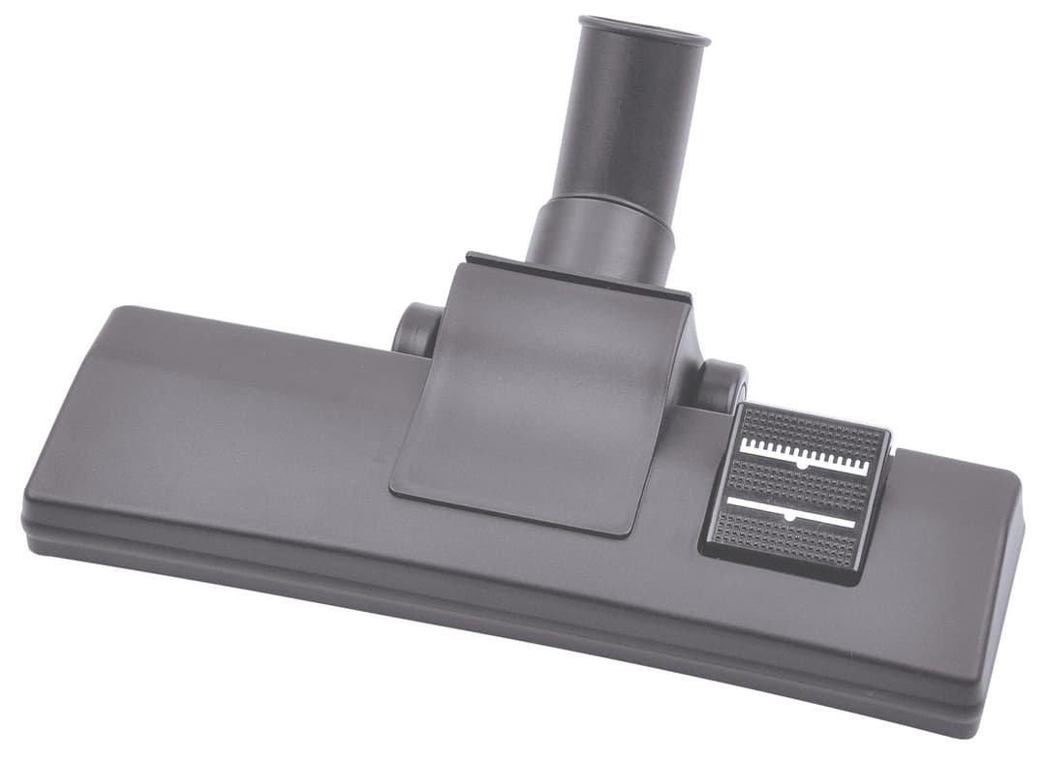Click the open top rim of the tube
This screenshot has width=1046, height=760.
644,29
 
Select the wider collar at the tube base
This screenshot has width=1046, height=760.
602,237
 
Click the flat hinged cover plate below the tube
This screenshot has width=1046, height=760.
542,387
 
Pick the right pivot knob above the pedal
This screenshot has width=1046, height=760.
722,385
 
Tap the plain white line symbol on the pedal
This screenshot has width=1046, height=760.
790,511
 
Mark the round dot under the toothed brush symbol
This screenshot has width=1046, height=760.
803,466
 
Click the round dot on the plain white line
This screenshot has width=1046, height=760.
788,517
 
